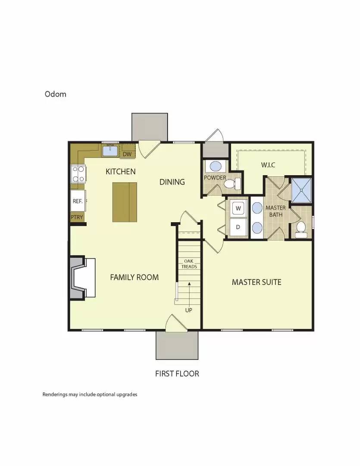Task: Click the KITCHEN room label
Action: [121, 172]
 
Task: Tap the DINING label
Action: [172, 182]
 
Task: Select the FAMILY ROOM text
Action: [134, 277]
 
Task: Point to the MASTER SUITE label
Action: [257, 282]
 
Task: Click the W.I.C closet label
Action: [268, 165]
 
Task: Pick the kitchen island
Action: [125, 202]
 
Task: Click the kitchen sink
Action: [110, 151]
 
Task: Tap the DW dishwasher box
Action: [127, 154]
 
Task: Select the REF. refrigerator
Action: [78, 201]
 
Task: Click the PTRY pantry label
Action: [77, 217]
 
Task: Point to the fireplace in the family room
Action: [82, 278]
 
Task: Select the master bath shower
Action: [302, 189]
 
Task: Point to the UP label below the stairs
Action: [188, 310]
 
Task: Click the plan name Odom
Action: [56, 94]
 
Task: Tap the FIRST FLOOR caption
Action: [177, 374]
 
